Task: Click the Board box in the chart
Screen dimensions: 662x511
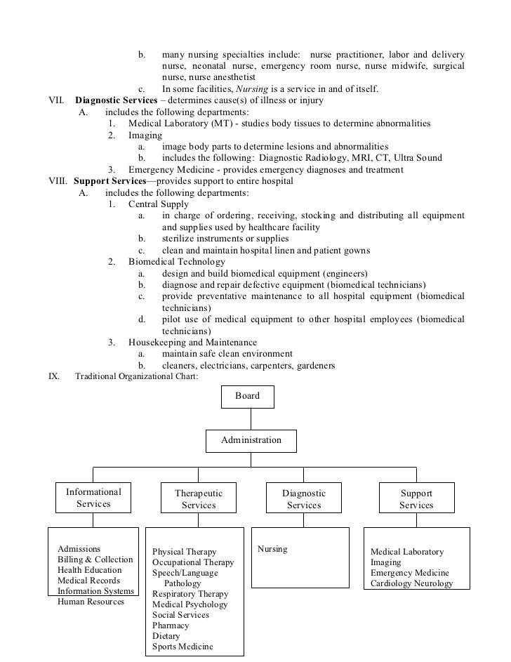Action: (x=248, y=397)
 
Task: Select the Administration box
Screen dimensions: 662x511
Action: (x=251, y=441)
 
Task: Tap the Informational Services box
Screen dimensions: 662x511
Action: (x=93, y=498)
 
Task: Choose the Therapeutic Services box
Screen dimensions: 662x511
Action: (x=199, y=499)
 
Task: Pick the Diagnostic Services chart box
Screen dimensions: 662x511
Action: (x=304, y=499)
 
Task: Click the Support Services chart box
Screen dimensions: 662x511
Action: (x=416, y=499)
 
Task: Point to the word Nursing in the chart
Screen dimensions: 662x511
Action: (x=272, y=549)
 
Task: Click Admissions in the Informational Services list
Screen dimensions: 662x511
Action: (x=79, y=549)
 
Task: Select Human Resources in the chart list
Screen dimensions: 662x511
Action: (x=91, y=602)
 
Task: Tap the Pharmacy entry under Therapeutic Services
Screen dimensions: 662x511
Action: (x=171, y=625)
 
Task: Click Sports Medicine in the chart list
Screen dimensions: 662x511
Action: (x=182, y=647)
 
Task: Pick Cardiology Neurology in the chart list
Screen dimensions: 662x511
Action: (x=411, y=584)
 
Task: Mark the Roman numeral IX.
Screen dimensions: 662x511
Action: (x=53, y=376)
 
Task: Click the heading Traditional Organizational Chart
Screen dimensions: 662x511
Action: (x=137, y=376)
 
